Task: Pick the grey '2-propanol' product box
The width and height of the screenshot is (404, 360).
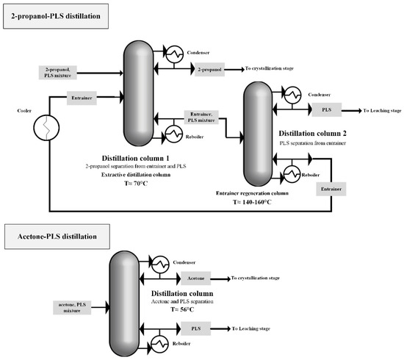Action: [x=212, y=70]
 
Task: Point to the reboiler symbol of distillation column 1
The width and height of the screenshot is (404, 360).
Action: [x=176, y=134]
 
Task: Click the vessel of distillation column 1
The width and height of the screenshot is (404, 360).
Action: [x=137, y=92]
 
